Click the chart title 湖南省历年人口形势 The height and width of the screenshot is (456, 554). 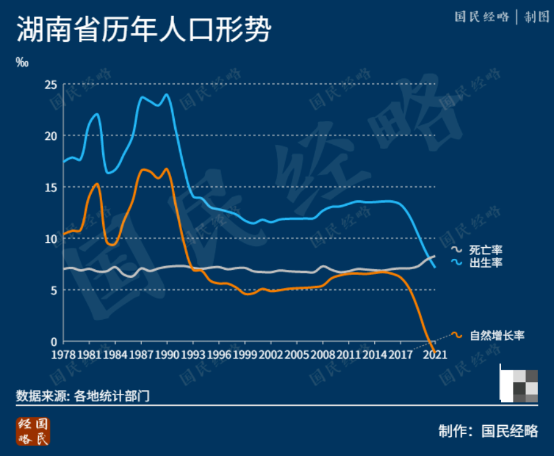(143, 29)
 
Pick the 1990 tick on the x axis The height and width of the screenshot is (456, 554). (167, 355)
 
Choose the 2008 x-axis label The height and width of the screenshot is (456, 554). (323, 355)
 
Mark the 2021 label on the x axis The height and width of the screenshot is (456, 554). (435, 355)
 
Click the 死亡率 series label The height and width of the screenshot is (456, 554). (486, 250)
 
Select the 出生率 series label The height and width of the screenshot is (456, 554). (486, 263)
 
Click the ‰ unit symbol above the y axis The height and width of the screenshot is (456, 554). (22, 62)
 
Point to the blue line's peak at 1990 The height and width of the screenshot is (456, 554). (167, 95)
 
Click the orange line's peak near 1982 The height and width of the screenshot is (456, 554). (97, 184)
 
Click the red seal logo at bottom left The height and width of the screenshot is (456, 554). (33, 431)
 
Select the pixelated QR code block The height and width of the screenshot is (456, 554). (518, 386)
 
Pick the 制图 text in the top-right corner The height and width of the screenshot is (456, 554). (536, 17)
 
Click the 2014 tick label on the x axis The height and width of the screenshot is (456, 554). (374, 355)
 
